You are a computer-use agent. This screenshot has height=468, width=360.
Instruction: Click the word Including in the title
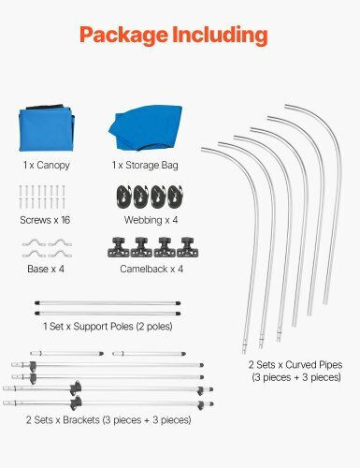[x=220, y=35]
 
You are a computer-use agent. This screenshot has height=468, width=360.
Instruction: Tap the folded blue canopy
[x=47, y=128]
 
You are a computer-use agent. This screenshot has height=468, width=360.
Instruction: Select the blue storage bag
[x=146, y=127]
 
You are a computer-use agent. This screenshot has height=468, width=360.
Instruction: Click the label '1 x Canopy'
[x=47, y=165]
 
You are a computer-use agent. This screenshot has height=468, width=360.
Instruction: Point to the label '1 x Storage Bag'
[x=145, y=165]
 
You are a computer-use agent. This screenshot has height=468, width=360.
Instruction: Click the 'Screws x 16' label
[x=45, y=220]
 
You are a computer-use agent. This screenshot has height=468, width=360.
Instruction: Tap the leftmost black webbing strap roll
[x=124, y=197]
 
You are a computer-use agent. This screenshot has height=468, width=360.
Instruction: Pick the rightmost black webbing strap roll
[x=175, y=197]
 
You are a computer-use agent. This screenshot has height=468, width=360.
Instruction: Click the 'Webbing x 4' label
[x=151, y=220]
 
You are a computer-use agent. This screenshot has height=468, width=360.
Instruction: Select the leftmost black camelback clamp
[x=119, y=247]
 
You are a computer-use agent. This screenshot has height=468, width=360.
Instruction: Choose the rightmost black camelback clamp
[x=188, y=247]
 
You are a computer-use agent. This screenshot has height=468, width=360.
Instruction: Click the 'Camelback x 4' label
[x=151, y=269]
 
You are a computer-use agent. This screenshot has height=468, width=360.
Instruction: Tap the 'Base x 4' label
[x=46, y=269]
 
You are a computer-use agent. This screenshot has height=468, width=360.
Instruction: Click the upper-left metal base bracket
[x=34, y=243]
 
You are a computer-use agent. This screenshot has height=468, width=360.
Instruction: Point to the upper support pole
[x=108, y=302]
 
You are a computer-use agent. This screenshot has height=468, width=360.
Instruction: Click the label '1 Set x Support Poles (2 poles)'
[x=108, y=327]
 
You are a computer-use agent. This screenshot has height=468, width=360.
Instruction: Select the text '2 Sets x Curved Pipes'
[x=295, y=365]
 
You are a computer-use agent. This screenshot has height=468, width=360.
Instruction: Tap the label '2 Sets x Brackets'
[x=63, y=420]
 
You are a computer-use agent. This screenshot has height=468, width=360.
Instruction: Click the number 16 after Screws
[x=65, y=220]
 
